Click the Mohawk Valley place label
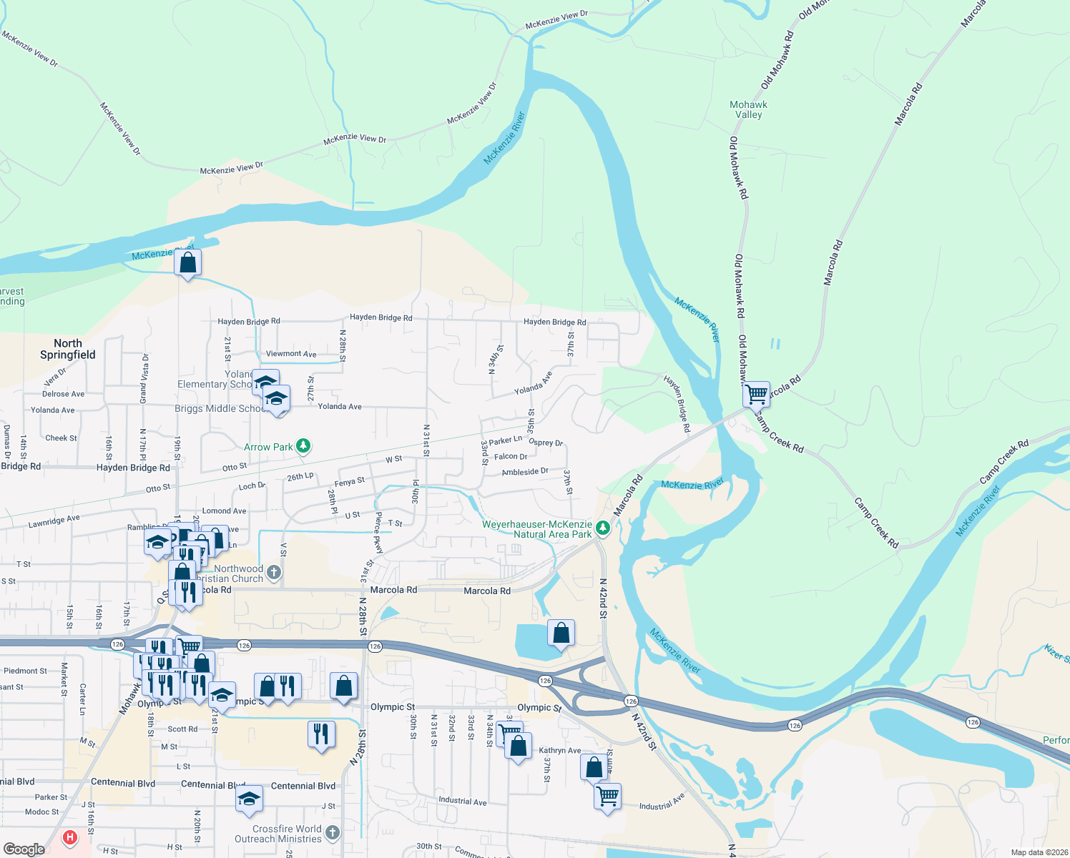[748, 109]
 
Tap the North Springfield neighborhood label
[68, 349]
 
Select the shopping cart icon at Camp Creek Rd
[756, 393]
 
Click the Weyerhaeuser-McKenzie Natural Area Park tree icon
[603, 528]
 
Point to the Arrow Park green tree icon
[303, 446]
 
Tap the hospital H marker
[69, 837]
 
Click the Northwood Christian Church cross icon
[273, 571]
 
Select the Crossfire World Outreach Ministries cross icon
[332, 832]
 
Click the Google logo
[24, 849]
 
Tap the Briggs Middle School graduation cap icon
[276, 399]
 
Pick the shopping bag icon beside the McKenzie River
[187, 262]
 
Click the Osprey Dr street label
[546, 442]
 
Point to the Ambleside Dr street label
[524, 472]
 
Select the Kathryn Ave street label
[559, 750]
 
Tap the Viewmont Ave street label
[291, 353]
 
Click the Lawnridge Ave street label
[54, 522]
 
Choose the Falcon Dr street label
[510, 456]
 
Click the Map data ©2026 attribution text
[1039, 852]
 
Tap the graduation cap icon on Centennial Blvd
[249, 799]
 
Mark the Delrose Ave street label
[63, 394]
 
